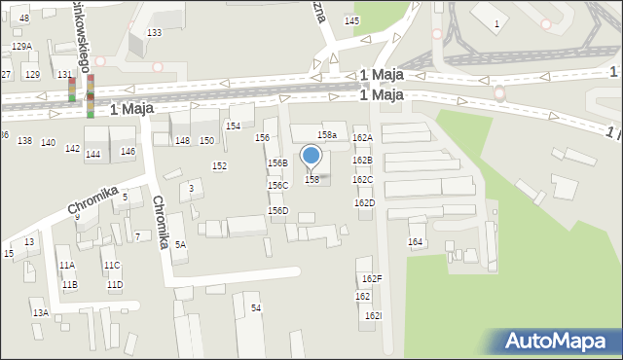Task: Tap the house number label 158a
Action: pos(328,135)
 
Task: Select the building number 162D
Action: pos(364,202)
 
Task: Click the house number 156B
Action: pos(277,163)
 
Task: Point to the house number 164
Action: pos(416,241)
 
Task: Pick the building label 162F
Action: pos(372,279)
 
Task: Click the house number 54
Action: pos(256,308)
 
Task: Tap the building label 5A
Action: pos(180,245)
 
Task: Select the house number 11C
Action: pos(112,265)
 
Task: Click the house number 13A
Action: pos(40,313)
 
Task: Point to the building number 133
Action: pos(154,33)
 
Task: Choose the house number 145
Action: pos(351,21)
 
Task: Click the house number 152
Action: pos(220,166)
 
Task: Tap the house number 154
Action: pos(234,126)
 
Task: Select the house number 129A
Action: pos(21,47)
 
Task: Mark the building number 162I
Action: pos(374,316)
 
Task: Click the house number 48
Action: pos(24,18)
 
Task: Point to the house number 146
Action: pos(128,152)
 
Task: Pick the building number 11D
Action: pos(115,285)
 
